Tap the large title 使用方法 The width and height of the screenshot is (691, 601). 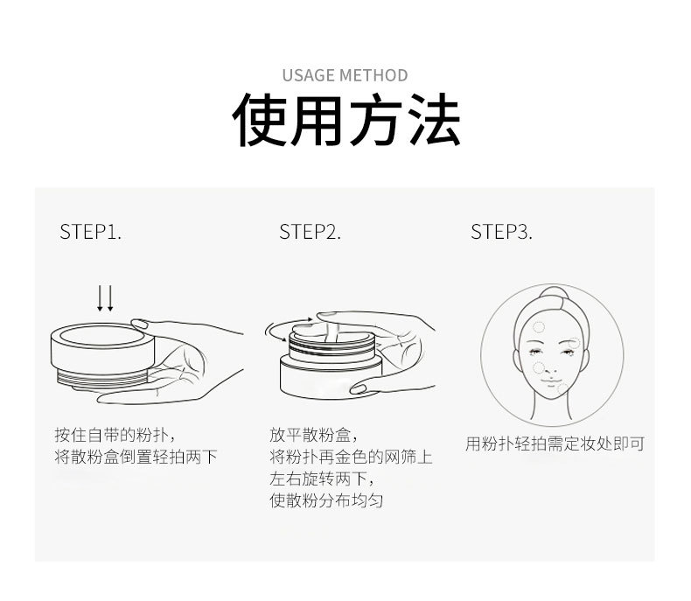[x=345, y=122]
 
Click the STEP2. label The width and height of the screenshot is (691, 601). [x=310, y=232]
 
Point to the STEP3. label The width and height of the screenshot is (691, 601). [x=501, y=232]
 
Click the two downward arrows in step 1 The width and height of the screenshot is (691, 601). [x=105, y=297]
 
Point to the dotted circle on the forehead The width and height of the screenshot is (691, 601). [x=539, y=327]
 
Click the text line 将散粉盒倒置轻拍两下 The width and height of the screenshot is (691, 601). [x=136, y=457]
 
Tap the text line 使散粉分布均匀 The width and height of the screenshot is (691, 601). [x=326, y=501]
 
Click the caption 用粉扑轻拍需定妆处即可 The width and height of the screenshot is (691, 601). [x=555, y=444]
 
